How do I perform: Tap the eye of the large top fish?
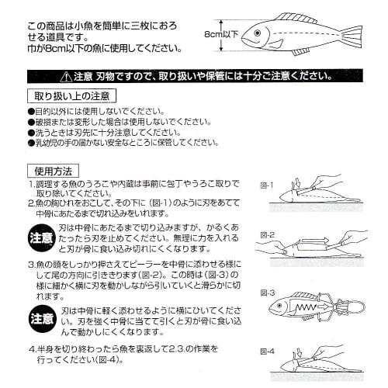coord(257,33)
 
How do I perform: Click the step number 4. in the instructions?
coord(32,348)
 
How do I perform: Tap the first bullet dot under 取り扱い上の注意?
coord(31,112)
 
